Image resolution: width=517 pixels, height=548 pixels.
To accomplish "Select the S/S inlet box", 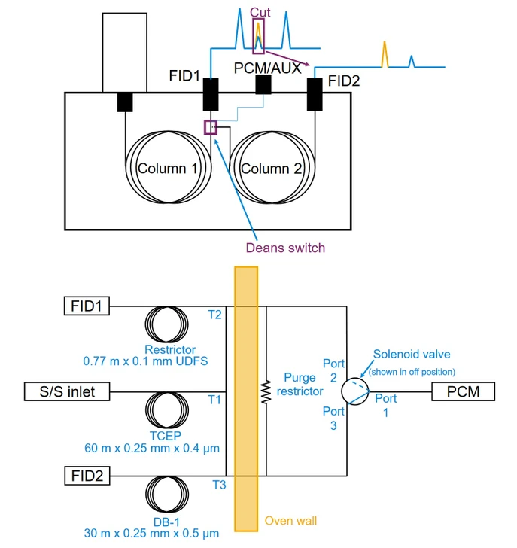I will (x=65, y=391).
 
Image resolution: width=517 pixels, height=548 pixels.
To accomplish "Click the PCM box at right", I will (x=462, y=391).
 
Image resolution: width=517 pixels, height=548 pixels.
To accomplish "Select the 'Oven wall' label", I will (x=290, y=521).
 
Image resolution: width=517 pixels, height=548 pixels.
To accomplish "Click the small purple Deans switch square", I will (x=210, y=126).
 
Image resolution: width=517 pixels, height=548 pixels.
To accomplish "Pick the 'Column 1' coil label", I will (x=166, y=168).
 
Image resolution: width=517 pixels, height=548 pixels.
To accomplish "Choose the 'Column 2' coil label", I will (x=272, y=168).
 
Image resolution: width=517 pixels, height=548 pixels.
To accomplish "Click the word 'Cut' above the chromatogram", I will (x=260, y=13).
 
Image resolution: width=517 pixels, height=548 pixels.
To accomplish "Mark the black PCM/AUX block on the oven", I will (x=263, y=85).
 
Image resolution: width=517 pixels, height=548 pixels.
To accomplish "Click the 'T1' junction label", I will (x=214, y=400).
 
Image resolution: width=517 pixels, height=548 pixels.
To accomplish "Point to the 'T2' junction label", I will (x=214, y=315).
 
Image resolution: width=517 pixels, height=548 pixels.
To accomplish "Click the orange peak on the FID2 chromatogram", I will (x=385, y=54).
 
